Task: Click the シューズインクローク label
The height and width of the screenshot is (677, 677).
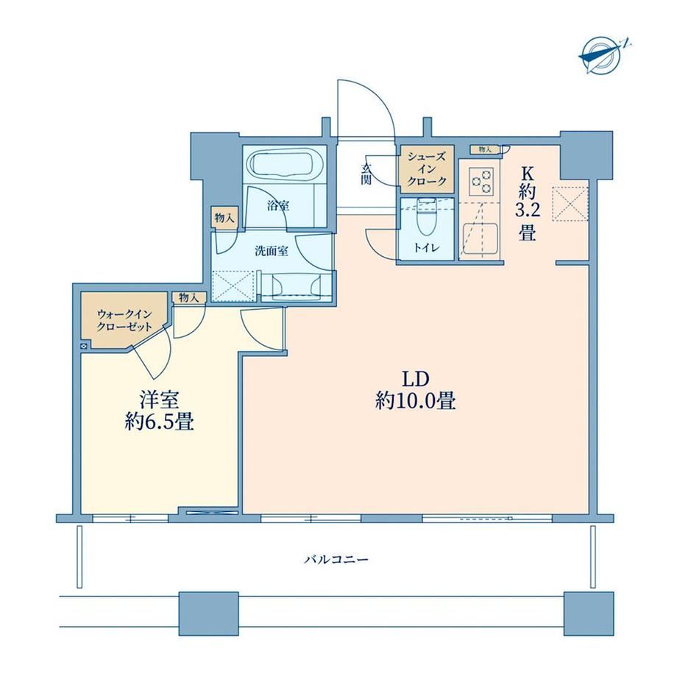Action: pos(426,170)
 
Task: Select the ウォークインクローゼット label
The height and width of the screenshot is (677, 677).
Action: pos(125,320)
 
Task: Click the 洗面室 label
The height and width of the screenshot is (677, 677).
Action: pos(272,251)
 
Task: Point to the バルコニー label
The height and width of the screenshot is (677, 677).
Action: pos(336,560)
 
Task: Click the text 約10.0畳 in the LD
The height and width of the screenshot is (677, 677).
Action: pos(416,401)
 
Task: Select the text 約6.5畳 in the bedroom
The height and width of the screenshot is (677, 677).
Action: pos(160,422)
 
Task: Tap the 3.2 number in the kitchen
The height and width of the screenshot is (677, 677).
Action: pos(527,212)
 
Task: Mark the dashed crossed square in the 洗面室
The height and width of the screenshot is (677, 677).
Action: pos(233,285)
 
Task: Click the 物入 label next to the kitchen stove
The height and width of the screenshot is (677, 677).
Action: pos(485,149)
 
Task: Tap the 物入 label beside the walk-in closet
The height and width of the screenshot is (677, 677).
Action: pos(188,297)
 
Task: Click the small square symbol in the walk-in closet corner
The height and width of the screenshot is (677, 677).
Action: pos(84,346)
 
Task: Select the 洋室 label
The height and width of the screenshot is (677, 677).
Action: pos(159,400)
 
